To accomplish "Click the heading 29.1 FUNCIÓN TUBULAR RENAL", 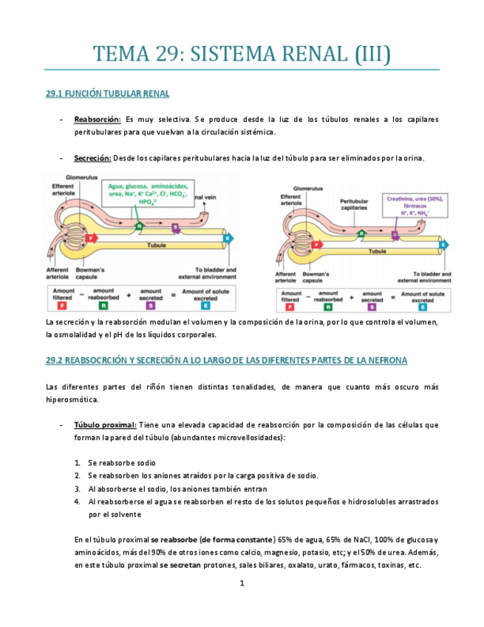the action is (x=108, y=94).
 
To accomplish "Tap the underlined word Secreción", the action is (x=92, y=157).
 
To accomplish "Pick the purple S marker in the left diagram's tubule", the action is (x=176, y=227).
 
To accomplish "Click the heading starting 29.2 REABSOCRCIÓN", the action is (x=222, y=360).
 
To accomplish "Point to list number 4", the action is (x=78, y=501).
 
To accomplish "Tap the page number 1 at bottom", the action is (x=242, y=583).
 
